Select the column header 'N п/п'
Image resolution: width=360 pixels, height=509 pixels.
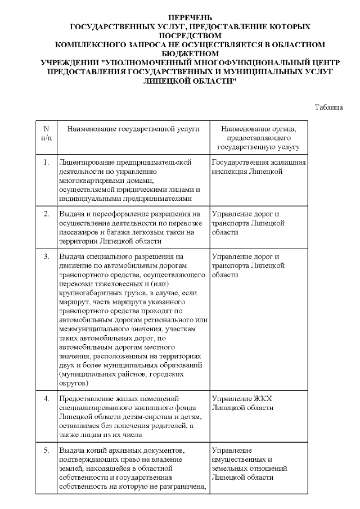tap(46, 133)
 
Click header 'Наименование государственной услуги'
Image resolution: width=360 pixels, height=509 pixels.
tap(133, 129)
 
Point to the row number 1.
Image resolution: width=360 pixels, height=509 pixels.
tap(46, 162)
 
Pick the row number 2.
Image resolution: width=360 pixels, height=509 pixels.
tap(46, 214)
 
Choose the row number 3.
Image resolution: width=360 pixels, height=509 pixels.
tap(46, 256)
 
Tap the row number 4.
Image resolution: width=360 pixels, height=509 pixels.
tap(46, 398)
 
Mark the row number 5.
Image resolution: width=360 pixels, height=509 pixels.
tap(46, 450)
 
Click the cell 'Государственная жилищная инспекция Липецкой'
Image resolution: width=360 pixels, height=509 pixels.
tap(258, 166)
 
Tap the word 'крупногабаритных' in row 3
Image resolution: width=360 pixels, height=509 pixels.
tap(88, 293)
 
